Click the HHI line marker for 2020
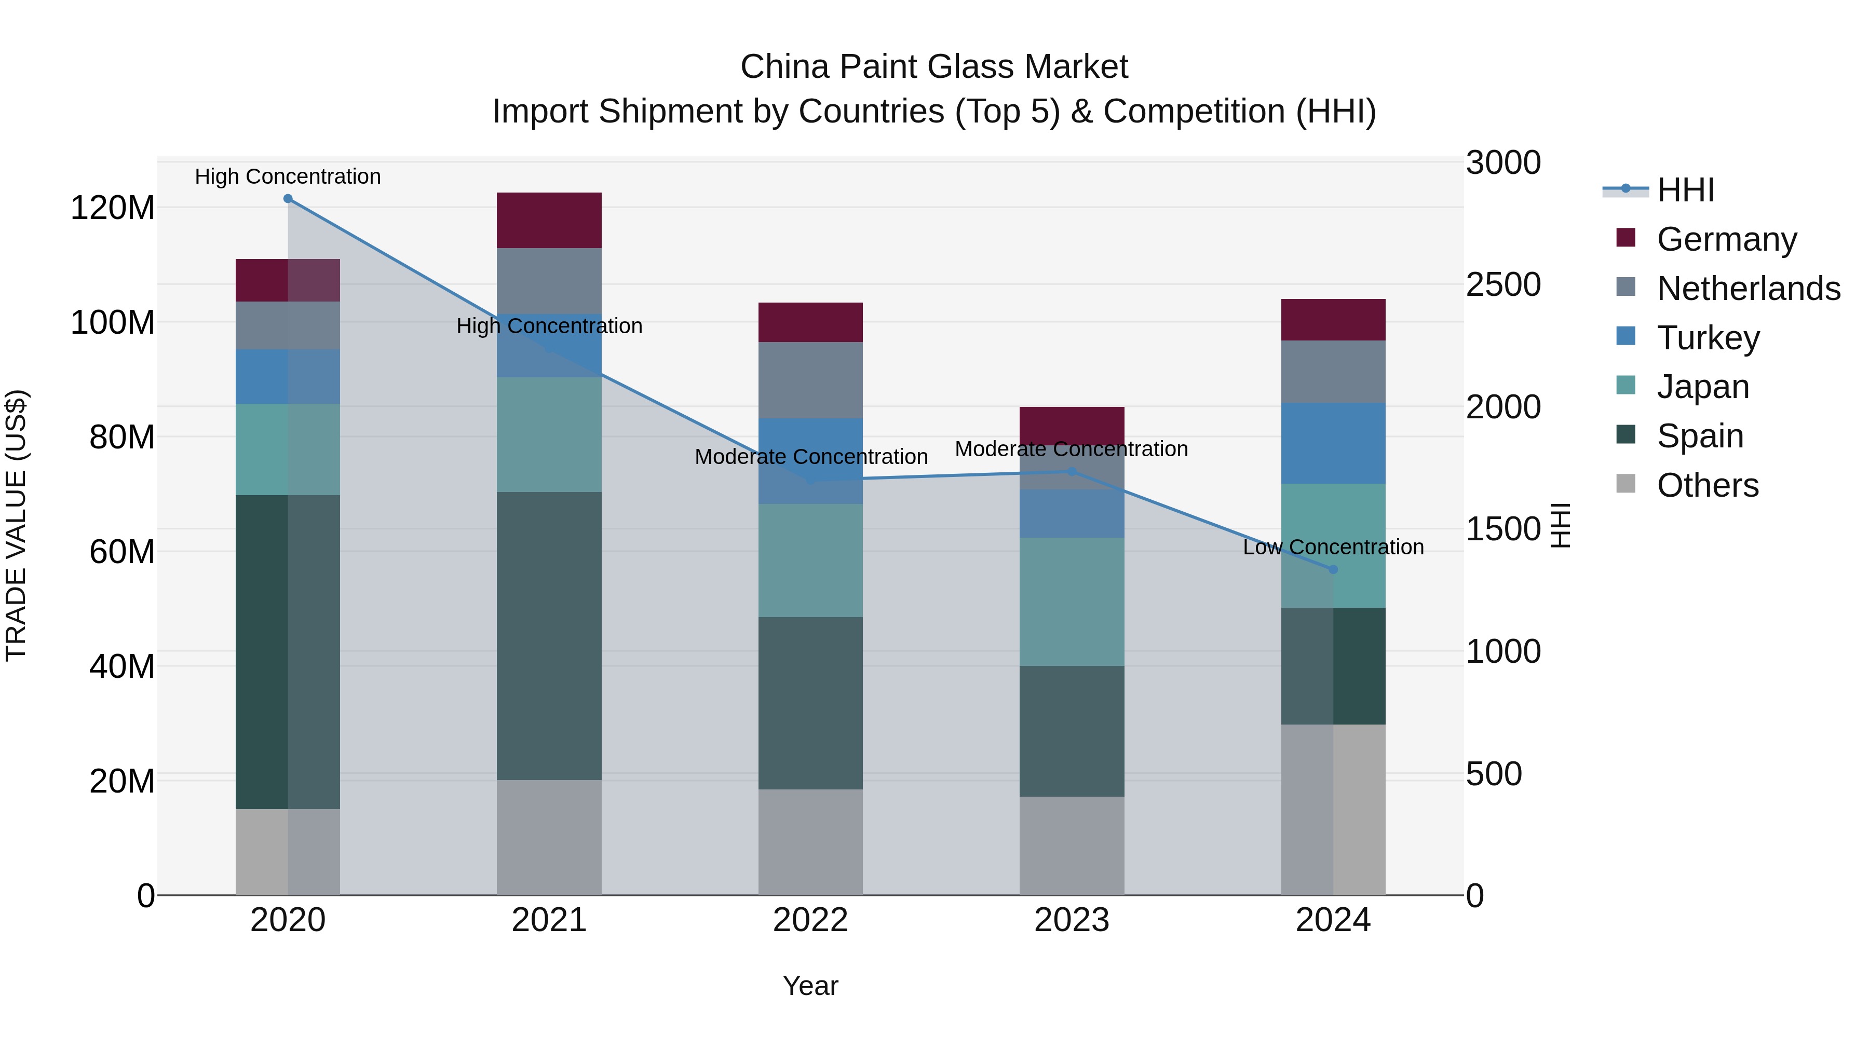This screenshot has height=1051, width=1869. pyautogui.click(x=288, y=199)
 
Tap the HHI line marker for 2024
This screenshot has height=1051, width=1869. pyautogui.click(x=1333, y=569)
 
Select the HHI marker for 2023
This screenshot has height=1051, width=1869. pyautogui.click(x=1072, y=471)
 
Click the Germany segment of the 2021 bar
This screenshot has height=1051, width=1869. pyautogui.click(x=549, y=221)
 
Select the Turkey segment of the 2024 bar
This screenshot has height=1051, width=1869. pyautogui.click(x=1333, y=443)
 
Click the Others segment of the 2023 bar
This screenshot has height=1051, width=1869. pyautogui.click(x=1072, y=846)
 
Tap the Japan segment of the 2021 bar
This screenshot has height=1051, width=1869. pyautogui.click(x=549, y=434)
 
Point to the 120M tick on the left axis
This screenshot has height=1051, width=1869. pyautogui.click(x=113, y=208)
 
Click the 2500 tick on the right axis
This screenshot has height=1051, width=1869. pyautogui.click(x=1502, y=284)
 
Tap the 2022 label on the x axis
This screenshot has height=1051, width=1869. pyautogui.click(x=810, y=920)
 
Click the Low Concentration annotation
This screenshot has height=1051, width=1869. pyautogui.click(x=1333, y=547)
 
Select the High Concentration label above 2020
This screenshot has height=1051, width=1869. pyautogui.click(x=288, y=176)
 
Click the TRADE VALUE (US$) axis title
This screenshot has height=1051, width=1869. pyautogui.click(x=16, y=525)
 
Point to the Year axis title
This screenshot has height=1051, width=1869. pyautogui.click(x=810, y=986)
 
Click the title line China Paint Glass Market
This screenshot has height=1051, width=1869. pyautogui.click(x=934, y=67)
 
